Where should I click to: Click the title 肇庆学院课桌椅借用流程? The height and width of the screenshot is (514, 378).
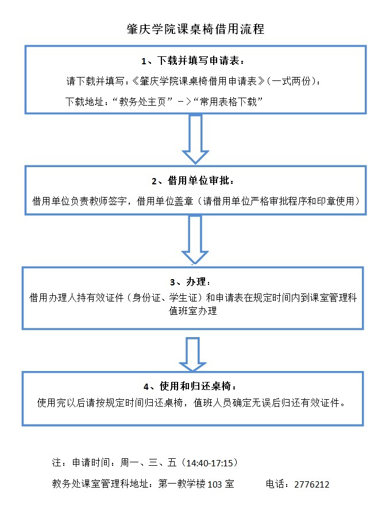coord(195,29)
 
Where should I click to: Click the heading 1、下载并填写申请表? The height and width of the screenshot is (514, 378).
coord(195,60)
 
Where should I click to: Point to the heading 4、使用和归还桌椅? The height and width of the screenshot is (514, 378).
coord(190,385)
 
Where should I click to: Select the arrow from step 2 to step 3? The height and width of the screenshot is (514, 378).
coord(195,241)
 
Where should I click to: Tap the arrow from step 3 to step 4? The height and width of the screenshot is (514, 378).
coord(192,353)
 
